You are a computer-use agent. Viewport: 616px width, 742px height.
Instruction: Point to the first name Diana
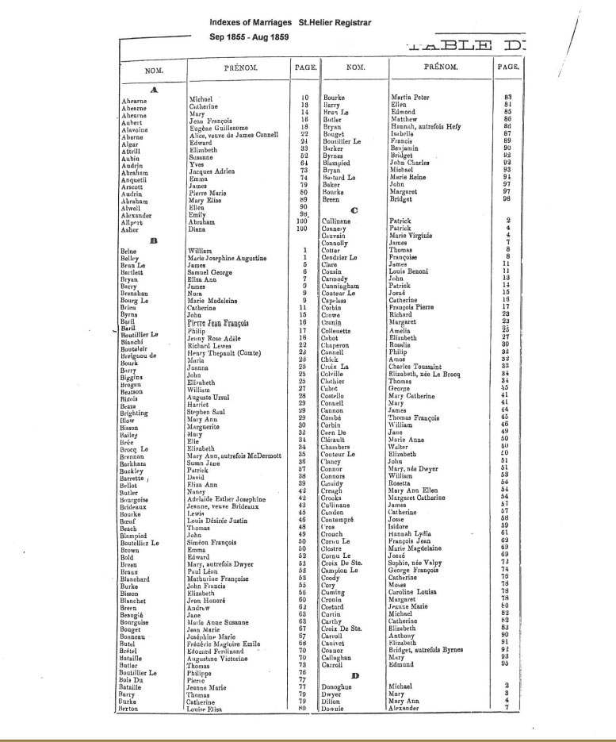[197, 229]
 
